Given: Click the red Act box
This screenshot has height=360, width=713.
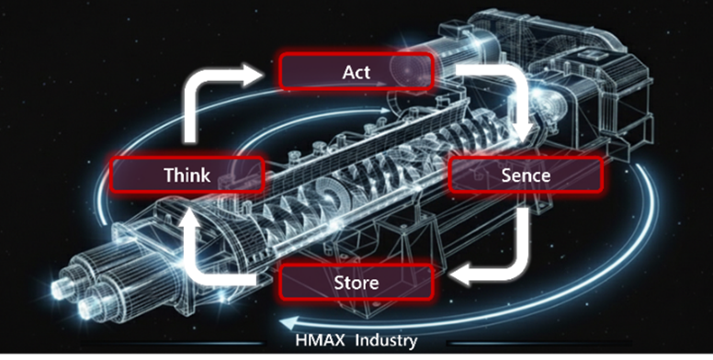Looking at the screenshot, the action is click(x=356, y=71).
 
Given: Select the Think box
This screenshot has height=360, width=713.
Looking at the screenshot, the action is click(x=187, y=174).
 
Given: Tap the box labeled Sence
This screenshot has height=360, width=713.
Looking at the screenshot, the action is click(x=526, y=174).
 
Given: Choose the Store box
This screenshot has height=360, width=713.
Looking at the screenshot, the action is click(x=356, y=282).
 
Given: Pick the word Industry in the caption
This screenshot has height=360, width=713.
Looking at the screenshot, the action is click(x=386, y=341).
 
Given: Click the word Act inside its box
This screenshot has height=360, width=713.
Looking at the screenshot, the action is click(x=356, y=72).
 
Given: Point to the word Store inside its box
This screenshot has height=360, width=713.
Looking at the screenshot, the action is click(x=356, y=282).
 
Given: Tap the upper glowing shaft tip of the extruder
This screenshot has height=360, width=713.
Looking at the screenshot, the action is click(x=58, y=289).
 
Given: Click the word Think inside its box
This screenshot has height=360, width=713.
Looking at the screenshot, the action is click(x=187, y=175).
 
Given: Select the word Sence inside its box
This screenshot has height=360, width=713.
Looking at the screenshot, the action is click(x=526, y=175).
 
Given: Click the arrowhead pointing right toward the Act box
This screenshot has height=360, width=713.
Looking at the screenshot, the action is click(x=253, y=74).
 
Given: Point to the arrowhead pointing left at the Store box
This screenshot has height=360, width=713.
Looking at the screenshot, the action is click(x=459, y=276).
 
